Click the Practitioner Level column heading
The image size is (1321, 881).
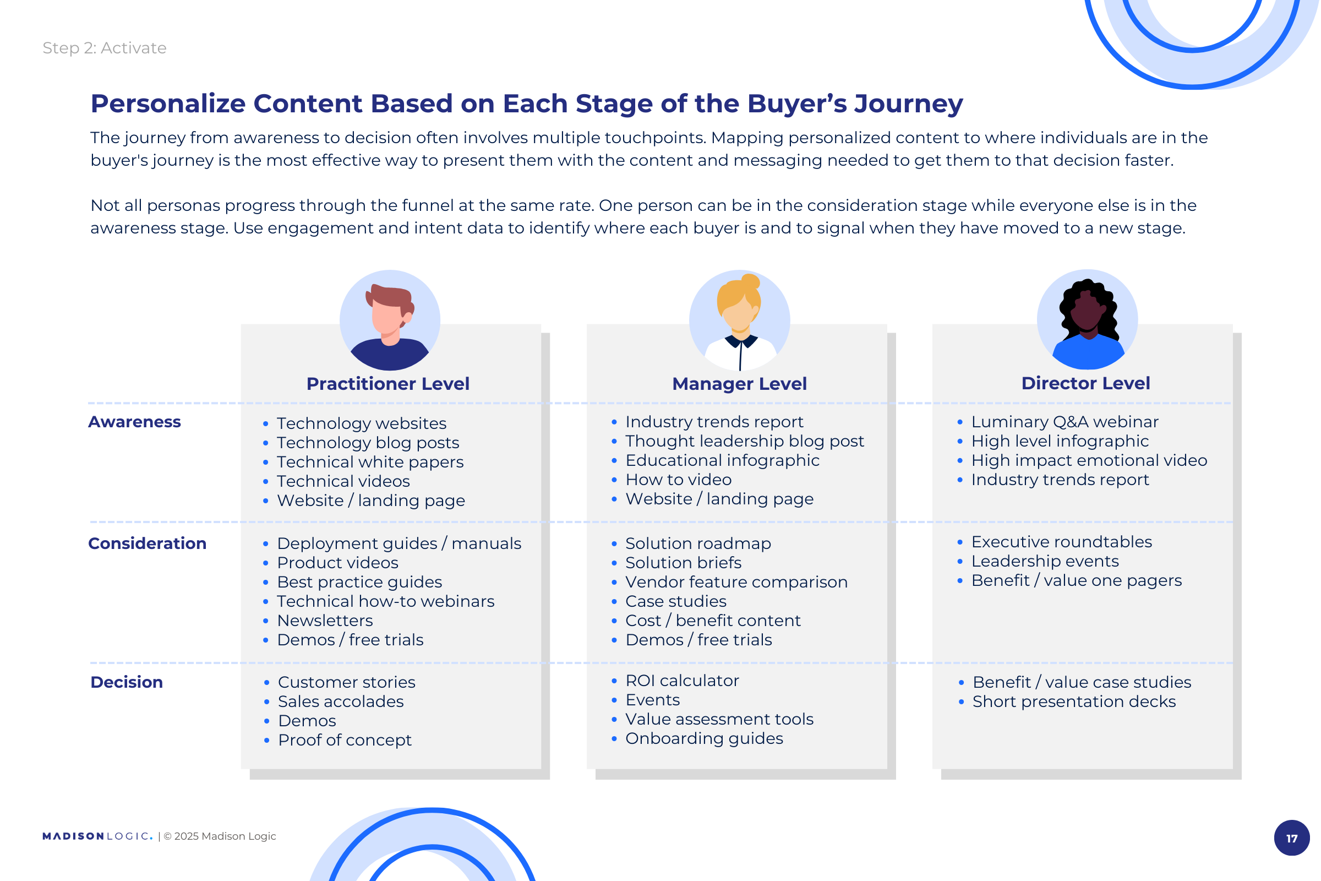pos(388,384)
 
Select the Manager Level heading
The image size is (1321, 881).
pos(740,384)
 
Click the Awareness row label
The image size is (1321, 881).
pos(135,422)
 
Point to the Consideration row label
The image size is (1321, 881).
pos(148,543)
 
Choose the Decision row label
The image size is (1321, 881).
pos(127,682)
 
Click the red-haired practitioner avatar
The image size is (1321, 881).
pos(390,320)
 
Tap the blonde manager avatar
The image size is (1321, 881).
pos(740,320)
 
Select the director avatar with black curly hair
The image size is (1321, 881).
pos(1088,320)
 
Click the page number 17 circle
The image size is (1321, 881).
pos(1292,838)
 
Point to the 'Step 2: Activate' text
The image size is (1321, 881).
pos(105,48)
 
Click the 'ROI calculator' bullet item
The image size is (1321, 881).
pos(683,681)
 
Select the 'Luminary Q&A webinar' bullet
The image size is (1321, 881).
pos(1066,422)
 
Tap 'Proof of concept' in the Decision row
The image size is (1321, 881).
pos(345,740)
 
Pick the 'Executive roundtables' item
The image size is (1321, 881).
pos(1062,542)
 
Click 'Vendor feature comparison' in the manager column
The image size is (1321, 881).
pos(737,582)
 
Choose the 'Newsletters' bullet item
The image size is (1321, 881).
pos(325,621)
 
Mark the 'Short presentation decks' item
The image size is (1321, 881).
pos(1074,701)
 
